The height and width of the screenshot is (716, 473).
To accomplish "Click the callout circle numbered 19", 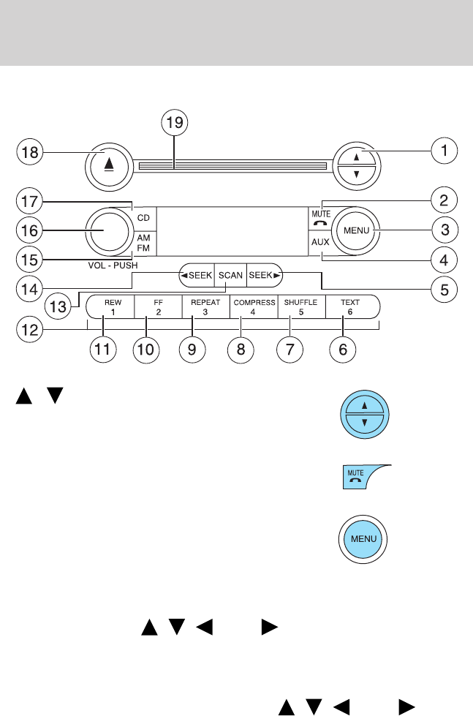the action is (175, 122).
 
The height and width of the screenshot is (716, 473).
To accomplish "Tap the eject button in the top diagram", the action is (109, 166).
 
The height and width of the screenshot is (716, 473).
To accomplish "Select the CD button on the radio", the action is (144, 219).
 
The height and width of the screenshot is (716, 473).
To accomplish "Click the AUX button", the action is (320, 242).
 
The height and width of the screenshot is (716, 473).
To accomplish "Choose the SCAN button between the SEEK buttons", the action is (230, 275).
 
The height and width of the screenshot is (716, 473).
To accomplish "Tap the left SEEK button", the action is (197, 275).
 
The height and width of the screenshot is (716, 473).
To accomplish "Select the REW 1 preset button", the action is (110, 306).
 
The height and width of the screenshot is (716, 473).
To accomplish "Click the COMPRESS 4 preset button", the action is (254, 306).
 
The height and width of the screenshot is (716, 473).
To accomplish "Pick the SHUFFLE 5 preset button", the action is (302, 306).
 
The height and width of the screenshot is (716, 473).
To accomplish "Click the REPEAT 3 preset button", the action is (206, 306).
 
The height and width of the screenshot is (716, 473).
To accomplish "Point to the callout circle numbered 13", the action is (58, 306).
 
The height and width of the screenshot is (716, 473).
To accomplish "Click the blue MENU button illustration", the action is (363, 539).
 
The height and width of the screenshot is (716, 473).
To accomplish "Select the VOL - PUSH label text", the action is (113, 265).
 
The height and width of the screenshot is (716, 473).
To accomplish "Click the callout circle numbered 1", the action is (444, 150).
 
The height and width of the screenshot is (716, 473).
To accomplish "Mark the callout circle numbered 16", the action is (30, 230).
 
